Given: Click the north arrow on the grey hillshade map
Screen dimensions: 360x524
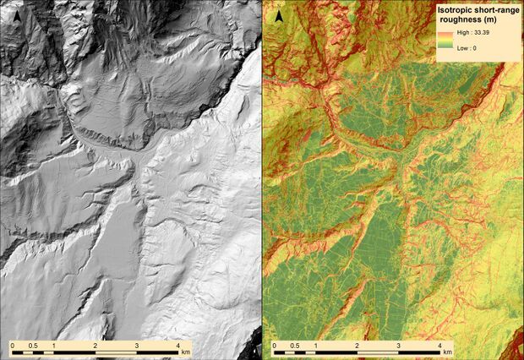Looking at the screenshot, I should (x=16, y=14).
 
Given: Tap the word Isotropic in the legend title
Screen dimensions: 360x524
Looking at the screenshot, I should (x=457, y=10).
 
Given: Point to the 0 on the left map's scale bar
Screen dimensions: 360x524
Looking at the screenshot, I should (x=13, y=346).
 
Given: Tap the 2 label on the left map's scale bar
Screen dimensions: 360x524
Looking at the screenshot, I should (x=96, y=346).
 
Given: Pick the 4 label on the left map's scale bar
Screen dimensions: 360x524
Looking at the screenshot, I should (x=177, y=346).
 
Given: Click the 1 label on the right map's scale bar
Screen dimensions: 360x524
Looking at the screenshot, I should (x=316, y=346).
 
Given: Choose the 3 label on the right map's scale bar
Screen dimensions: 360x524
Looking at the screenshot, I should (x=398, y=346).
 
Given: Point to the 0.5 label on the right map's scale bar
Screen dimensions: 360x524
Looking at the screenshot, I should (x=295, y=346).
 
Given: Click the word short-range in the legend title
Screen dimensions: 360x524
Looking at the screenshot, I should (x=494, y=10).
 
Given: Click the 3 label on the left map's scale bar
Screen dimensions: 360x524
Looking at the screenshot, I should (x=137, y=346).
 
